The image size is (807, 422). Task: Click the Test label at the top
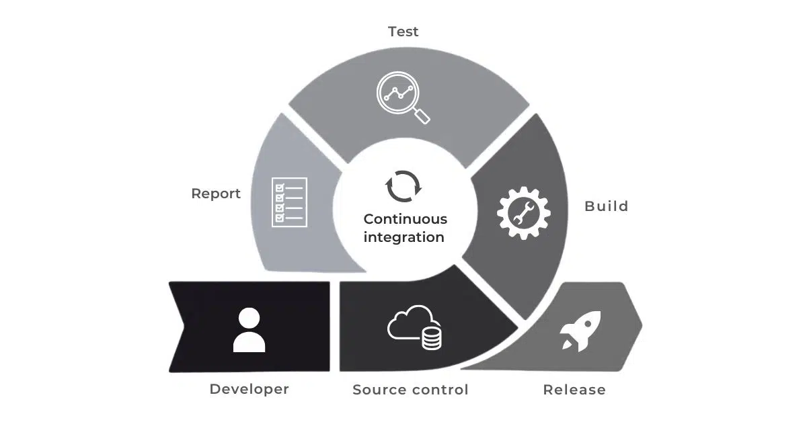(x=403, y=32)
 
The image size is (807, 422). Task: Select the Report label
(x=216, y=194)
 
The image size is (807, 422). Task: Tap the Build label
(x=607, y=206)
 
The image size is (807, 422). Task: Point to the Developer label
(x=249, y=389)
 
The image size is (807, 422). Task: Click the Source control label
(x=410, y=390)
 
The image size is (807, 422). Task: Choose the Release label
(x=574, y=390)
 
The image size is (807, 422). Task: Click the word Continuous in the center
(x=406, y=219)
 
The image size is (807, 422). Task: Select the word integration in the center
(x=404, y=237)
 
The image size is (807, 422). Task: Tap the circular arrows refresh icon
(x=403, y=186)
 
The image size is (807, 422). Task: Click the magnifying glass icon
(x=403, y=97)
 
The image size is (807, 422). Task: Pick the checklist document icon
(x=289, y=202)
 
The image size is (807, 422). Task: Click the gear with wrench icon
(x=523, y=213)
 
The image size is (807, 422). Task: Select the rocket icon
(x=580, y=331)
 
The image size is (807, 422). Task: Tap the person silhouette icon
(x=249, y=330)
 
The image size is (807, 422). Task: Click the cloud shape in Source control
(x=410, y=323)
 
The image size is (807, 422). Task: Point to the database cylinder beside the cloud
(x=432, y=339)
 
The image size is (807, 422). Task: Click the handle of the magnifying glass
(x=422, y=116)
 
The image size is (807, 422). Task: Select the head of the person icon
(x=249, y=318)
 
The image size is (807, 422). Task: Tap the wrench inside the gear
(x=523, y=213)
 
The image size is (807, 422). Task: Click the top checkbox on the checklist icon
(x=279, y=187)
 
